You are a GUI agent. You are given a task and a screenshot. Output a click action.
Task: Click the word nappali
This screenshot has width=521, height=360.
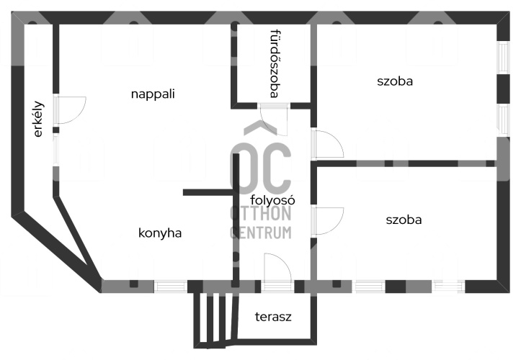153,94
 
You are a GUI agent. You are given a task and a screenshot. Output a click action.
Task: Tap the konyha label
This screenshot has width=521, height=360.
160,233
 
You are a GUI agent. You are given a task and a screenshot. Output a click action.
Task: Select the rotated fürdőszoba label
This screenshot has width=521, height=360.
274,63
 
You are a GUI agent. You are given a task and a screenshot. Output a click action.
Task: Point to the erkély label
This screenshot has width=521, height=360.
38,119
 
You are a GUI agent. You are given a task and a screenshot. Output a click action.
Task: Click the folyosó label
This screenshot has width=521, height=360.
272,200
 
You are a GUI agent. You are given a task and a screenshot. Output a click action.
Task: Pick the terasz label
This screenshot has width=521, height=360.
273,317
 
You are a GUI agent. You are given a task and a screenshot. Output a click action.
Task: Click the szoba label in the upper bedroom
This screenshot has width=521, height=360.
395,81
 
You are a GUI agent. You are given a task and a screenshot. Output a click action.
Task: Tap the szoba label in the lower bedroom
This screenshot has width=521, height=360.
404,220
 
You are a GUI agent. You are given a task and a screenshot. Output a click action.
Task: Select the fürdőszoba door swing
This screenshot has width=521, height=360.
273,120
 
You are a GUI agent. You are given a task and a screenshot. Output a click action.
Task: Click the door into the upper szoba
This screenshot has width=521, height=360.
327,144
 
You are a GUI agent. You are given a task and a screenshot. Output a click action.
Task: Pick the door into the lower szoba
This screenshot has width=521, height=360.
327,220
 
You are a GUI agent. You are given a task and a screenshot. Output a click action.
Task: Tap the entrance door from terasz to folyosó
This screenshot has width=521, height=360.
277,271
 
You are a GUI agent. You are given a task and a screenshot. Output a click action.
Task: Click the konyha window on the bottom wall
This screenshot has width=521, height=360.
171,287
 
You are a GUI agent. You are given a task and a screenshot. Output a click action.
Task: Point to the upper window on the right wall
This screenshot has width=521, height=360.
504,57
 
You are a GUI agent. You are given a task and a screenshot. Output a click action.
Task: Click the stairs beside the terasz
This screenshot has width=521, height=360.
216,320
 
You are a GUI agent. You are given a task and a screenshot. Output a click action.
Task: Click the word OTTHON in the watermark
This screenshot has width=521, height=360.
261,213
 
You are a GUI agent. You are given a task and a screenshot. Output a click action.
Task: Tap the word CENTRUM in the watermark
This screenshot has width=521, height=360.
261,233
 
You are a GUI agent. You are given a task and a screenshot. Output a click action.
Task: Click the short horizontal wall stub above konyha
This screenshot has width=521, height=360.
208,192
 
